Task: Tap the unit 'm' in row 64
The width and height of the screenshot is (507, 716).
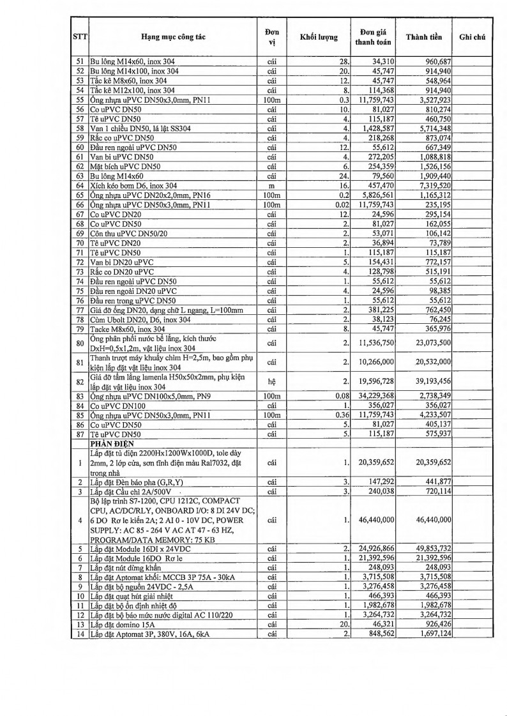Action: [272, 185]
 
